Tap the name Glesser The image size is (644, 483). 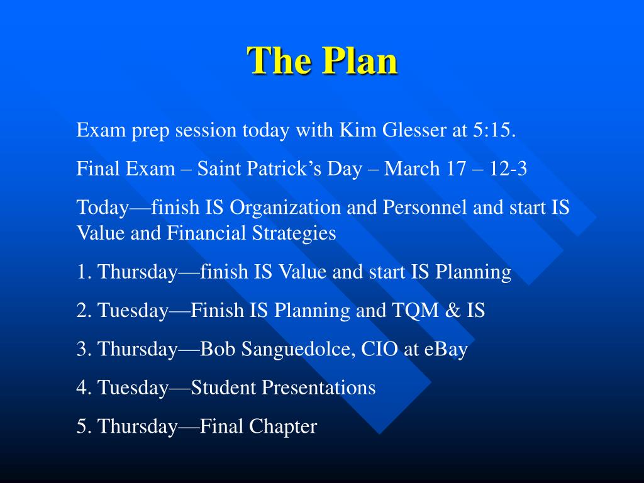tap(414, 130)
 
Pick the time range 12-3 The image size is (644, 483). tap(508, 169)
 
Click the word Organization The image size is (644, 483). tap(285, 208)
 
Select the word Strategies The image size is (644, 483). tap(294, 233)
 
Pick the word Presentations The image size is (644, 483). tap(284, 387)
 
